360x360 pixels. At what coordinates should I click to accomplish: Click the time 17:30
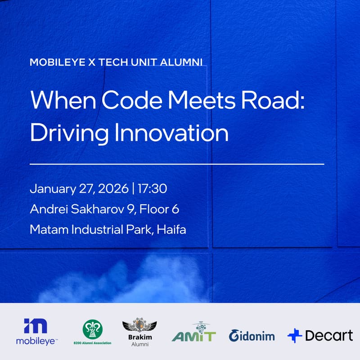(153, 189)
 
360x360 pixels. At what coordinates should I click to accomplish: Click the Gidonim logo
(252, 335)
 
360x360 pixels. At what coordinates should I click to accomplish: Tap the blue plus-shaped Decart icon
(295, 336)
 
